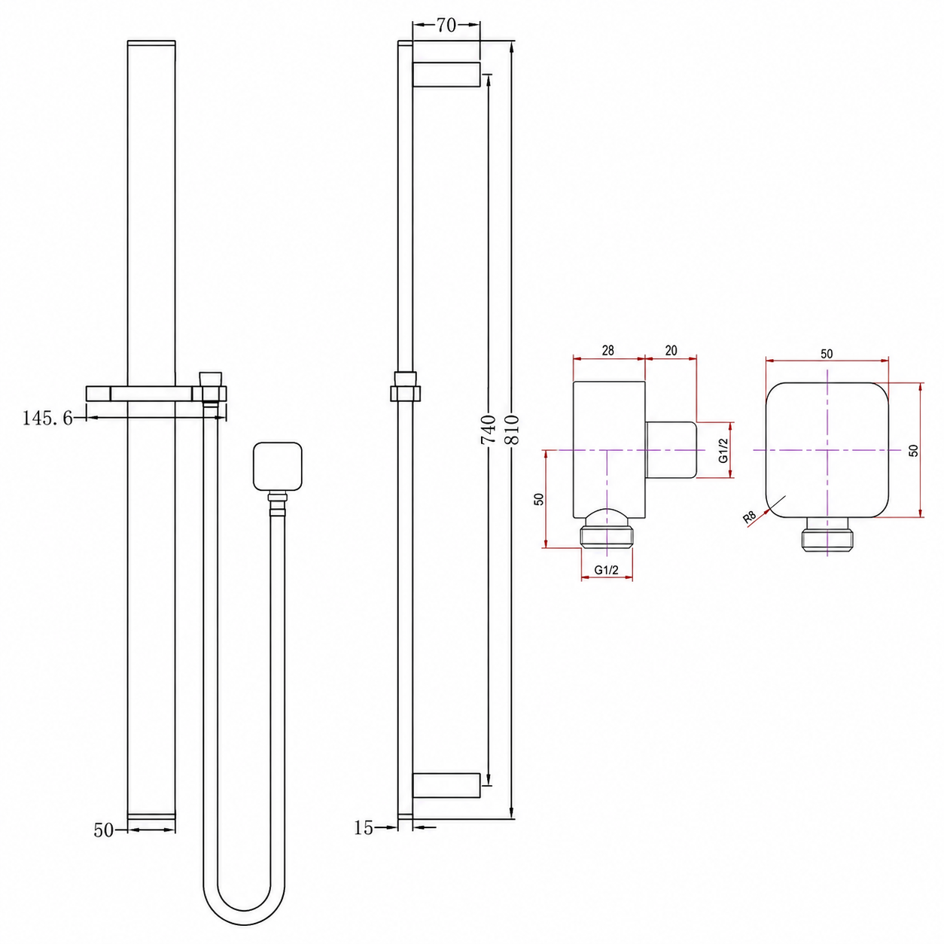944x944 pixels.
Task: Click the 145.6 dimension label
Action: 47,419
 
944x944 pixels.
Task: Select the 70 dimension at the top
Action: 446,25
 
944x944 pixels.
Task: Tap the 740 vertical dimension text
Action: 489,428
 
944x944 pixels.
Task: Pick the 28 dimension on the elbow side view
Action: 608,350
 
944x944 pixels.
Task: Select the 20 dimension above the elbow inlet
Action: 671,350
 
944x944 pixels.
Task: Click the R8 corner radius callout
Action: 750,517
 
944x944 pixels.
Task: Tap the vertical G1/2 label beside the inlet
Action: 723,449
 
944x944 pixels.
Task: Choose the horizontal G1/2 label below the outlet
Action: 607,570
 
